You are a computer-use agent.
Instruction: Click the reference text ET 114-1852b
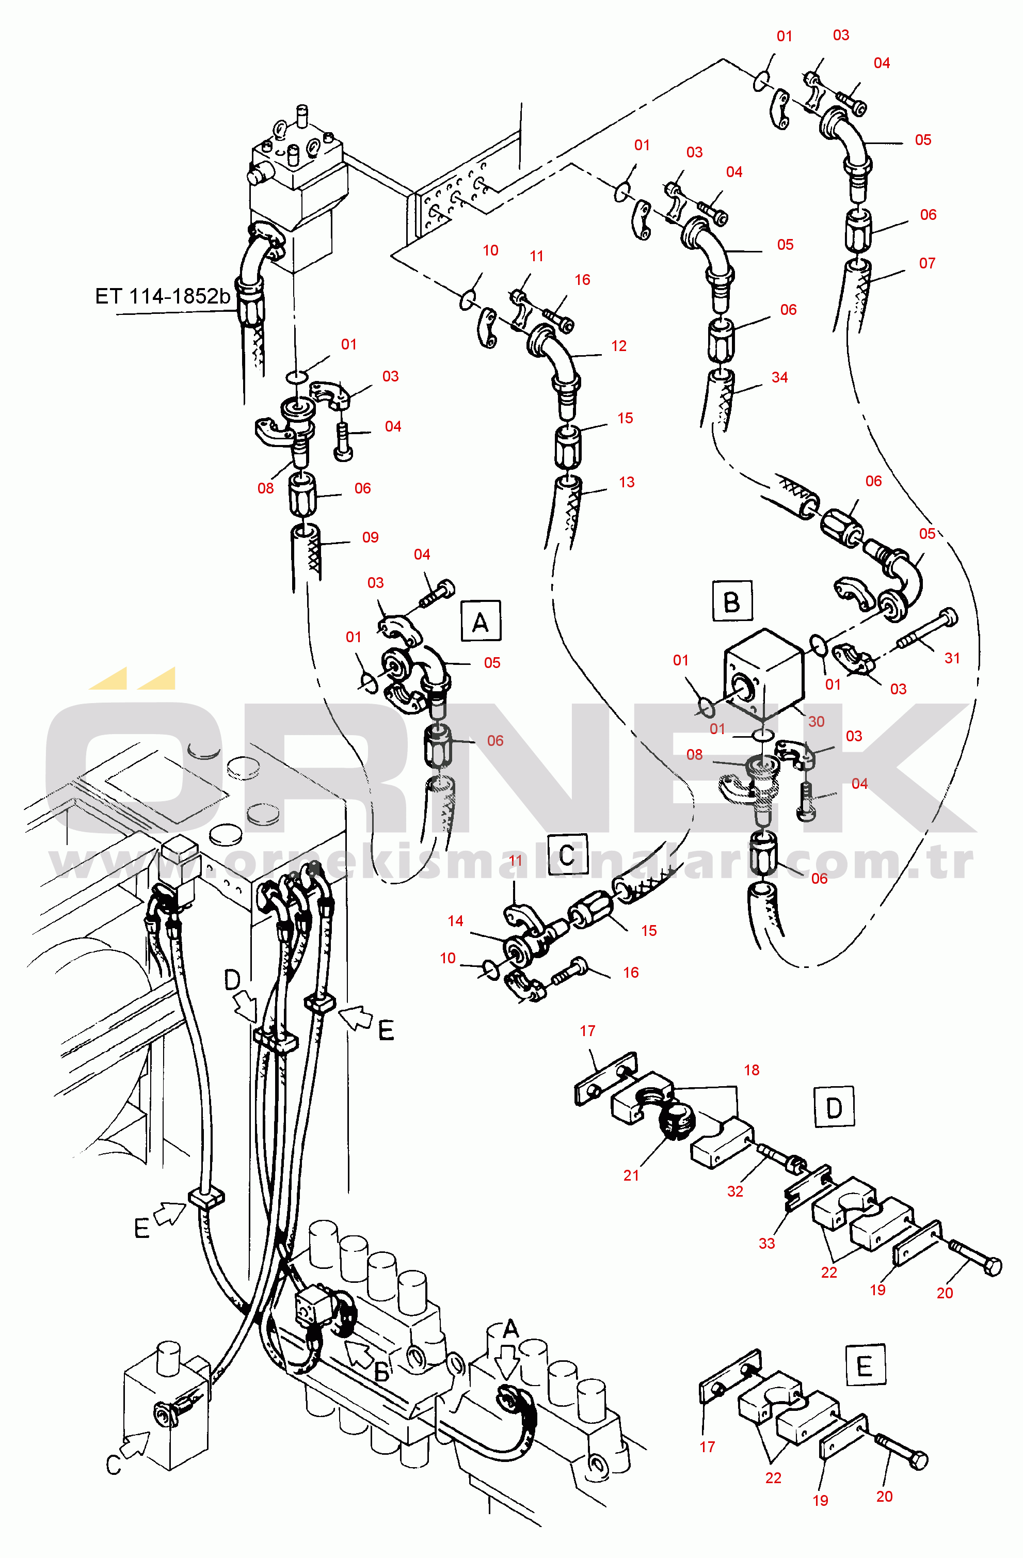pos(162,296)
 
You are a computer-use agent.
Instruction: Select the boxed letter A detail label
pos(481,621)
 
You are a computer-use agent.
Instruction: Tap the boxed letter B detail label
pos(732,600)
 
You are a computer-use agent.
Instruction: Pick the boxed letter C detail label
pos(567,854)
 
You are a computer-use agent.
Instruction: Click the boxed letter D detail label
pos(834,1106)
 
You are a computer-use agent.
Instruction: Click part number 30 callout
pos(816,721)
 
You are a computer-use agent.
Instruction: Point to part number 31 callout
pos(952,658)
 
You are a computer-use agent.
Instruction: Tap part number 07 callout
pos(927,263)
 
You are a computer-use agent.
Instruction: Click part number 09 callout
pos(371,537)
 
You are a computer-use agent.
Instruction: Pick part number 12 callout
pos(618,346)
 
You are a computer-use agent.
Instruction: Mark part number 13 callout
pos(627,483)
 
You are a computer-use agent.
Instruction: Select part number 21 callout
pos(631,1175)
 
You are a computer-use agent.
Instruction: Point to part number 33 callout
pos(766,1243)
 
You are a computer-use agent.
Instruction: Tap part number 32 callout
pos(735,1191)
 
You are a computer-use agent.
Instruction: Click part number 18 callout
pos(752,1070)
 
